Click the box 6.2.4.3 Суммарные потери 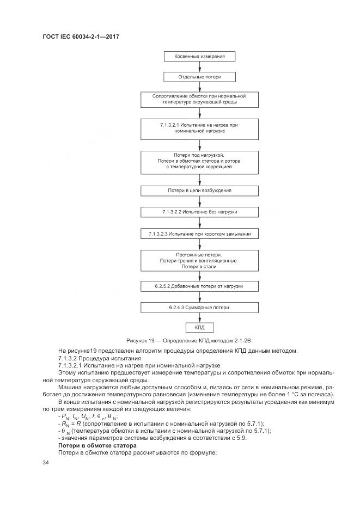tap(199, 308)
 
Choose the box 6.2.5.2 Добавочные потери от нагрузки tap(199, 285)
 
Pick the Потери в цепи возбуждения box tap(199, 191)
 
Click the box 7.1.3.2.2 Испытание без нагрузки tap(199, 212)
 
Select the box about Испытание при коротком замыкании tap(199, 234)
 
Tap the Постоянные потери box tap(199, 260)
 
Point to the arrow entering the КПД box tap(199, 318)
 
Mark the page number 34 tap(46, 462)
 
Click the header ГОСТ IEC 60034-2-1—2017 tap(81, 36)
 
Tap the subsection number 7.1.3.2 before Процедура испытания tap(70, 359)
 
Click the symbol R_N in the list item tap(65, 422)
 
